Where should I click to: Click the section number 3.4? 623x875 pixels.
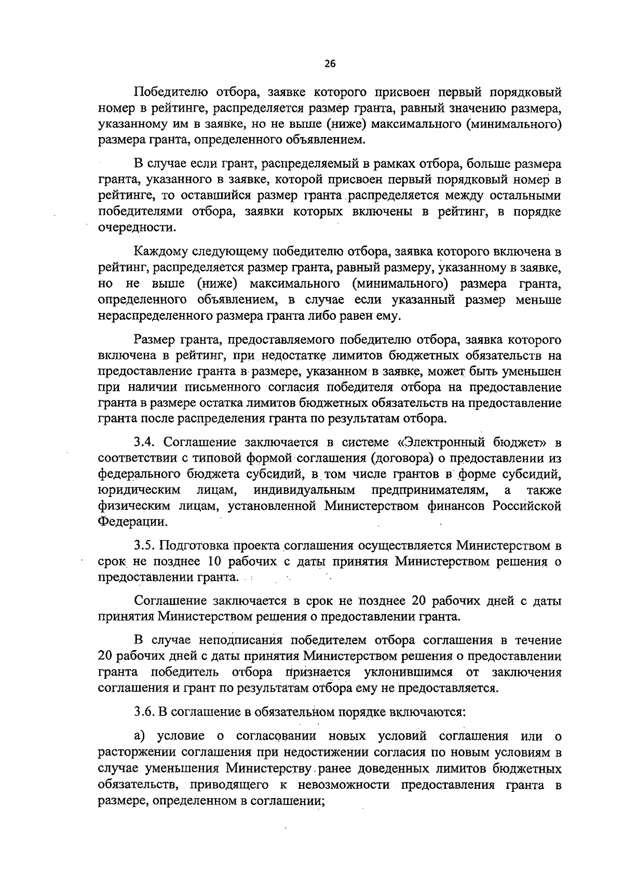click(x=145, y=442)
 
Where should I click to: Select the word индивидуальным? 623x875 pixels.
click(x=304, y=490)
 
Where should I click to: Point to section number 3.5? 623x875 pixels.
click(x=145, y=546)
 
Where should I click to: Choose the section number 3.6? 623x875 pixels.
click(x=145, y=712)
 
